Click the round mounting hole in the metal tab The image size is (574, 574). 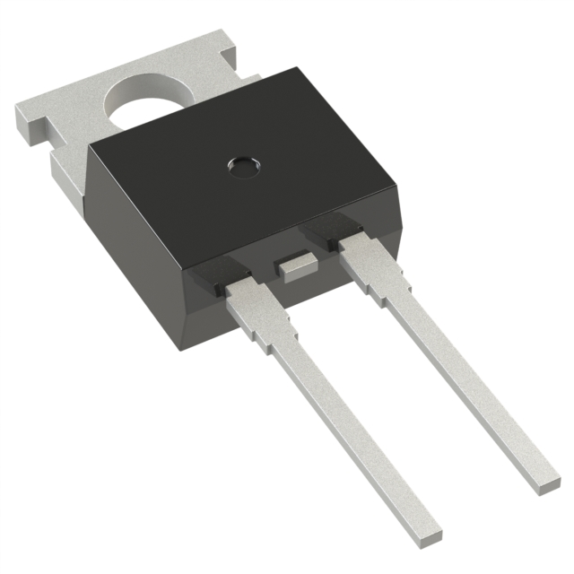click(143, 100)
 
